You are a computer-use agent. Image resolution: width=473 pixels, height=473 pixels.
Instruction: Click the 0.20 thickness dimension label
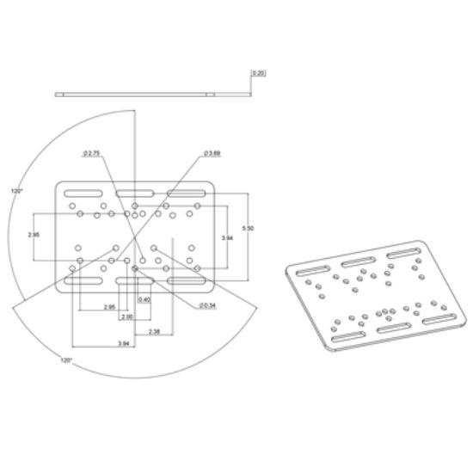pos(258,74)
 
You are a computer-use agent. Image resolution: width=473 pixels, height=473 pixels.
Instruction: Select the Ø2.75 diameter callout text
pos(92,153)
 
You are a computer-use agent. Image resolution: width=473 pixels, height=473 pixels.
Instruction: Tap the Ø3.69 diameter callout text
pos(212,153)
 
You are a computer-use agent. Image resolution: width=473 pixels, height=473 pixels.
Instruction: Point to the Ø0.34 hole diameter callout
pos(206,304)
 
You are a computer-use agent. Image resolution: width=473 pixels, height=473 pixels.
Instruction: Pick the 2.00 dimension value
pos(126,316)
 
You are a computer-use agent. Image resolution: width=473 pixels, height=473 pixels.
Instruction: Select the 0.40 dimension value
pos(144,299)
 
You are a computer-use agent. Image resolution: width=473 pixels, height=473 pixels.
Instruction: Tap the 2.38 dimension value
pos(153,331)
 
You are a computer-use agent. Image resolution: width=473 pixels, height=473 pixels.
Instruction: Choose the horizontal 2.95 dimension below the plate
pos(109,307)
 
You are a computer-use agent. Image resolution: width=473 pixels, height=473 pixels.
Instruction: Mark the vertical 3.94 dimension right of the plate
pos(226,236)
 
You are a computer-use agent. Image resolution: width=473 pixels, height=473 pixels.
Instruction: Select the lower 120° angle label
pos(65,361)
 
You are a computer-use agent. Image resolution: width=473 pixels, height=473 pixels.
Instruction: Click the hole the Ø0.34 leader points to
pos(136,267)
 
